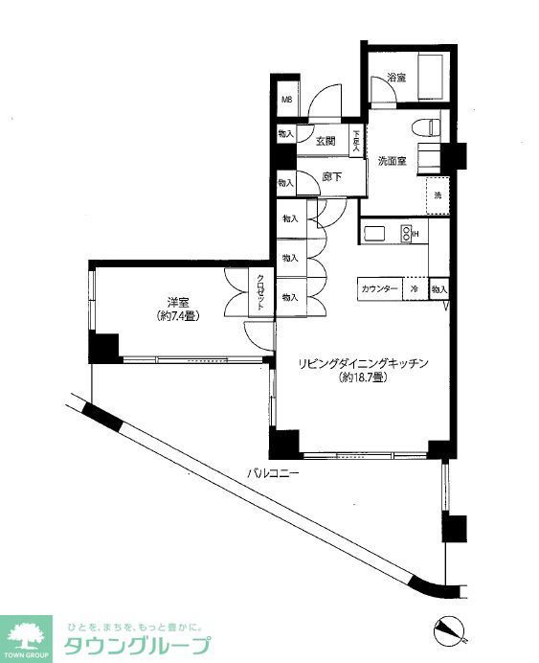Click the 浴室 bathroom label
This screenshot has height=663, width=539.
coord(395,78)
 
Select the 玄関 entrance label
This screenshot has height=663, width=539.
coord(325,141)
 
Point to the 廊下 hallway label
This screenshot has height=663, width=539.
coord(332,176)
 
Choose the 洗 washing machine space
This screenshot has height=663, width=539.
coord(438,195)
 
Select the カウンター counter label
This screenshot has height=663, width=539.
coord(380,288)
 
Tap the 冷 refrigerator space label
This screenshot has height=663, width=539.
coord(415,288)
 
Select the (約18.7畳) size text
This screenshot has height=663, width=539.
coord(362,378)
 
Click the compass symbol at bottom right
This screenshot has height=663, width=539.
coord(448,628)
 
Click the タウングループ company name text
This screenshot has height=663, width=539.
coord(137,644)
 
